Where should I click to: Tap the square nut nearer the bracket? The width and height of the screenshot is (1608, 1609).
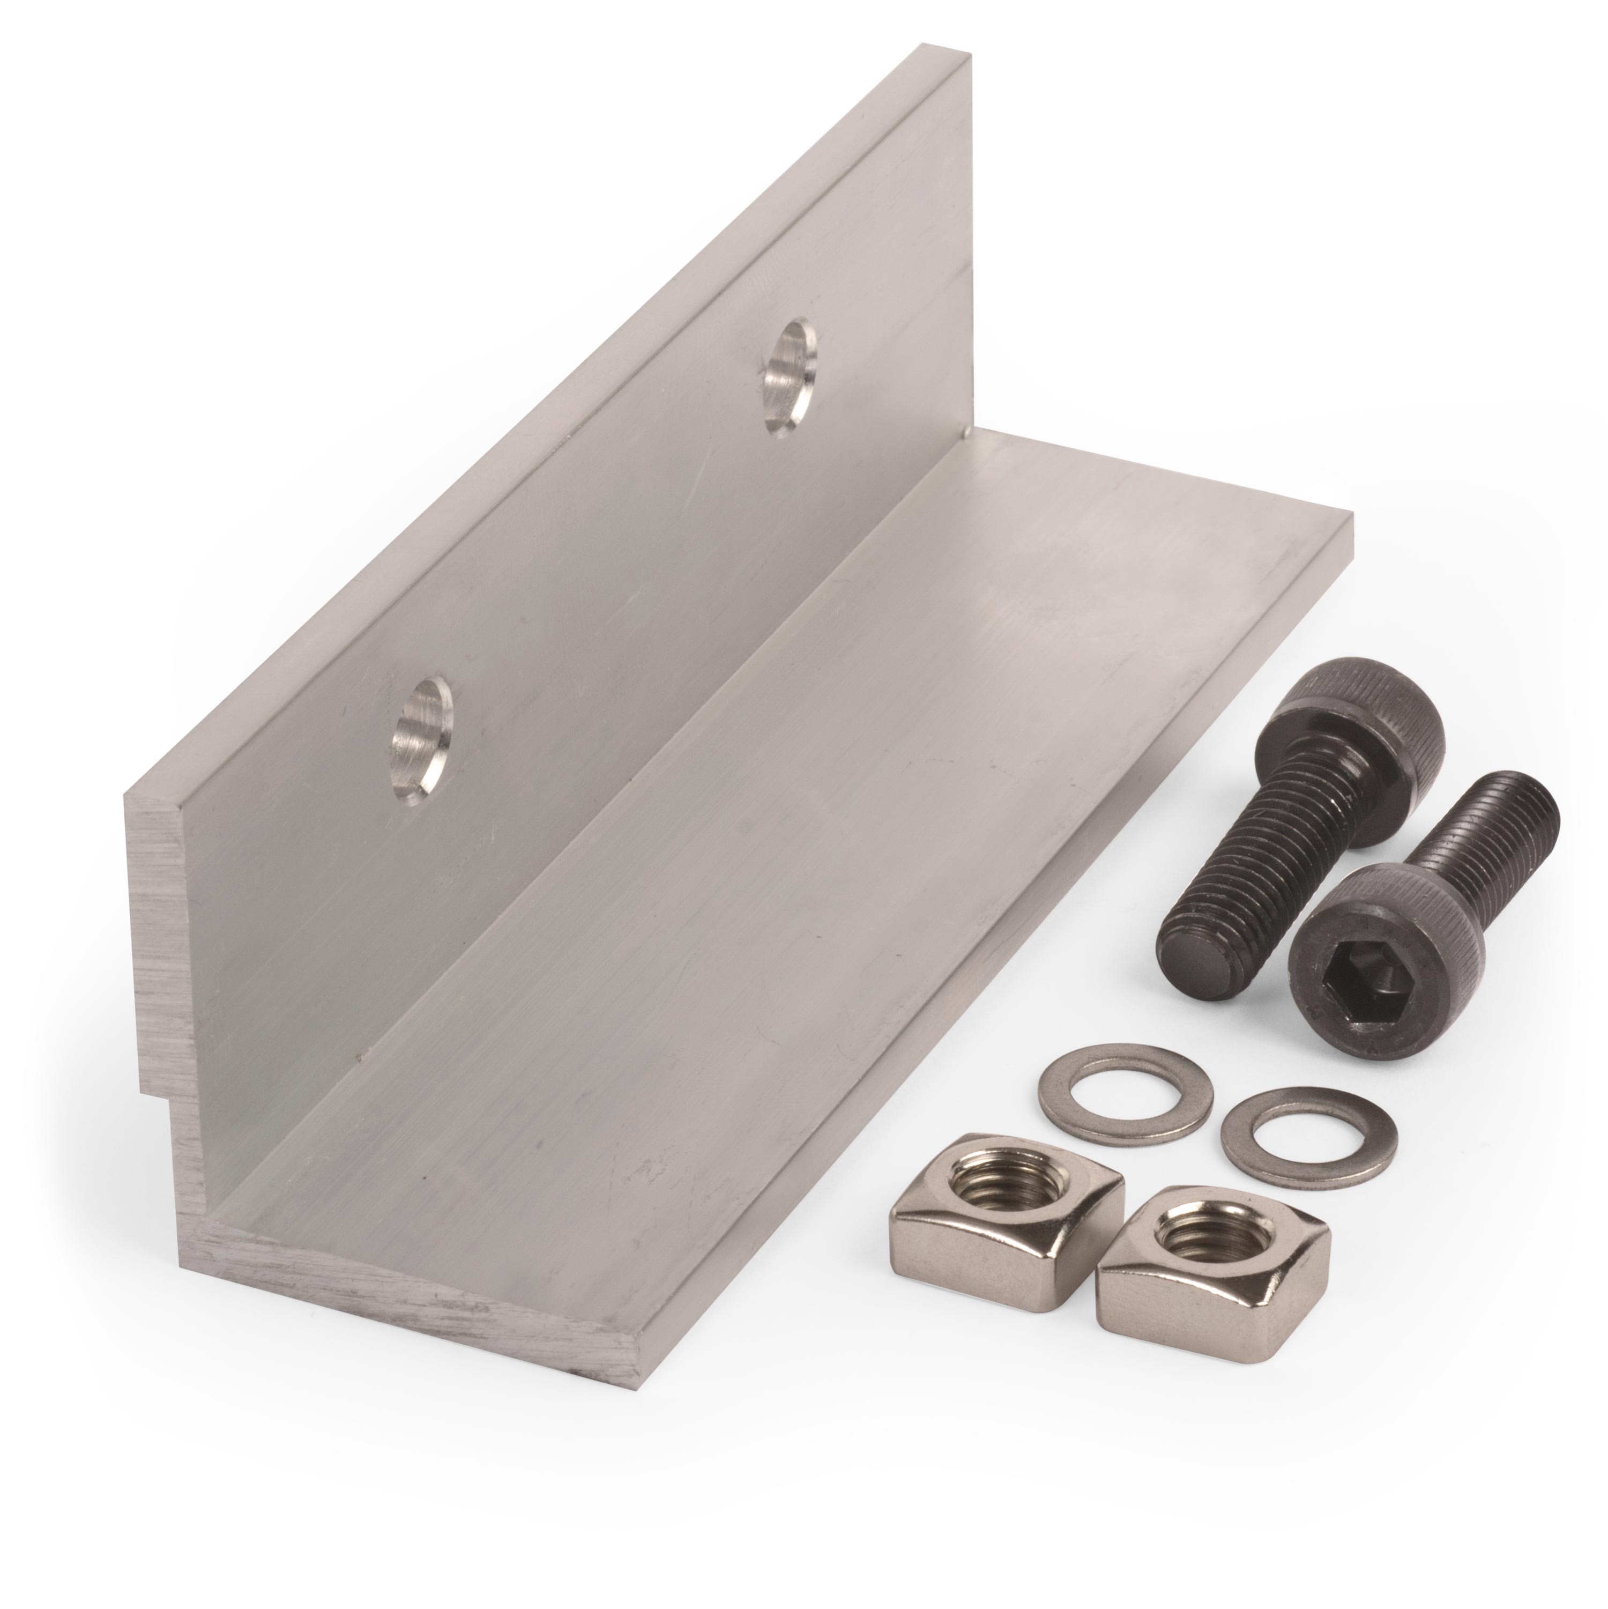tap(1008, 1200)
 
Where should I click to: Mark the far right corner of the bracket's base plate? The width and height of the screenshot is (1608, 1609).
tap(1351, 518)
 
